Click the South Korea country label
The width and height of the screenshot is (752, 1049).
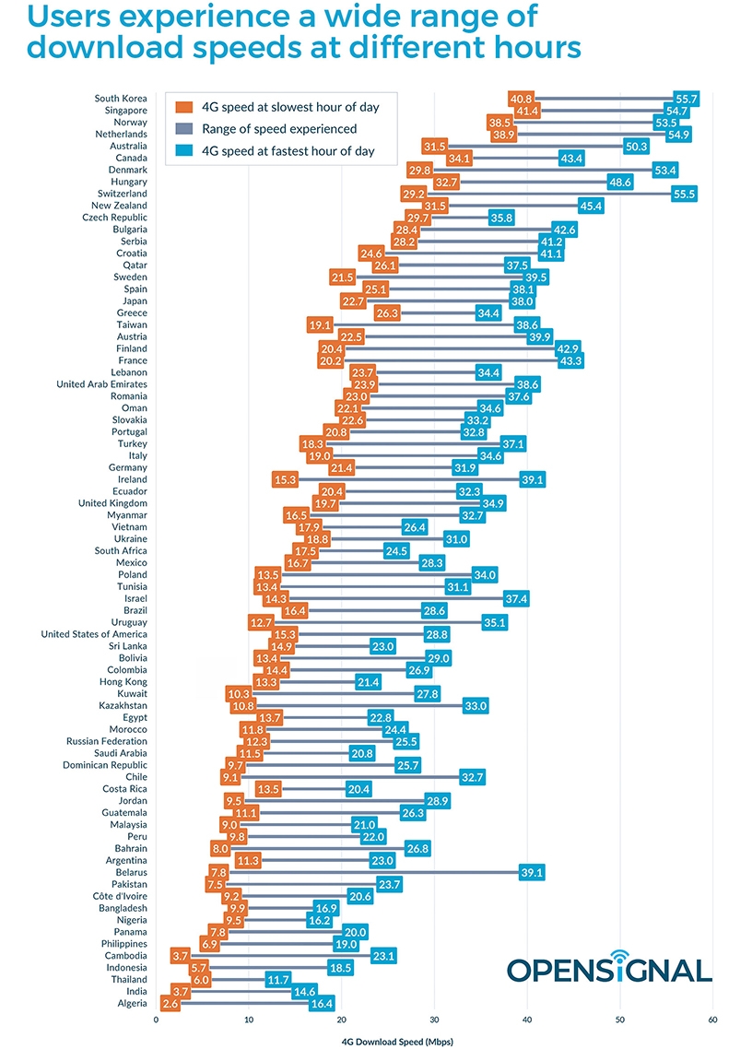pyautogui.click(x=121, y=99)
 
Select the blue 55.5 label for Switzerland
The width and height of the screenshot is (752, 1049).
pyautogui.click(x=684, y=194)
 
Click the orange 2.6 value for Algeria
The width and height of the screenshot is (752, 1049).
pyautogui.click(x=170, y=1003)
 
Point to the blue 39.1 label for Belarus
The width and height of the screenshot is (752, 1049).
pyautogui.click(x=532, y=872)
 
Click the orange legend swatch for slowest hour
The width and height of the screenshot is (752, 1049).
pyautogui.click(x=183, y=107)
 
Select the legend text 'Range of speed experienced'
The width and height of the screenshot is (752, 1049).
pyautogui.click(x=279, y=129)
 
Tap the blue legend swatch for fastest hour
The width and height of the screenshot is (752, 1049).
pyautogui.click(x=183, y=151)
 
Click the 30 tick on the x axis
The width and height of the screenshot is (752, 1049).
pyautogui.click(x=434, y=1020)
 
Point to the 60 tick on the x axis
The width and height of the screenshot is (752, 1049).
pyautogui.click(x=712, y=1020)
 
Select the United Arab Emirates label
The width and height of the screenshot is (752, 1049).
pyautogui.click(x=101, y=384)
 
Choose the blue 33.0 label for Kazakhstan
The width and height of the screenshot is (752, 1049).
pyautogui.click(x=475, y=705)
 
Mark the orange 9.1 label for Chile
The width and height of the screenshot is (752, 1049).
pyautogui.click(x=229, y=777)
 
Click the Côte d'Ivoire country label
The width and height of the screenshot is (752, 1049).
pyautogui.click(x=119, y=896)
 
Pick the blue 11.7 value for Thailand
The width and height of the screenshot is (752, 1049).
pyautogui.click(x=278, y=979)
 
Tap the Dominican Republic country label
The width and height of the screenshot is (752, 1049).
pyautogui.click(x=105, y=765)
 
